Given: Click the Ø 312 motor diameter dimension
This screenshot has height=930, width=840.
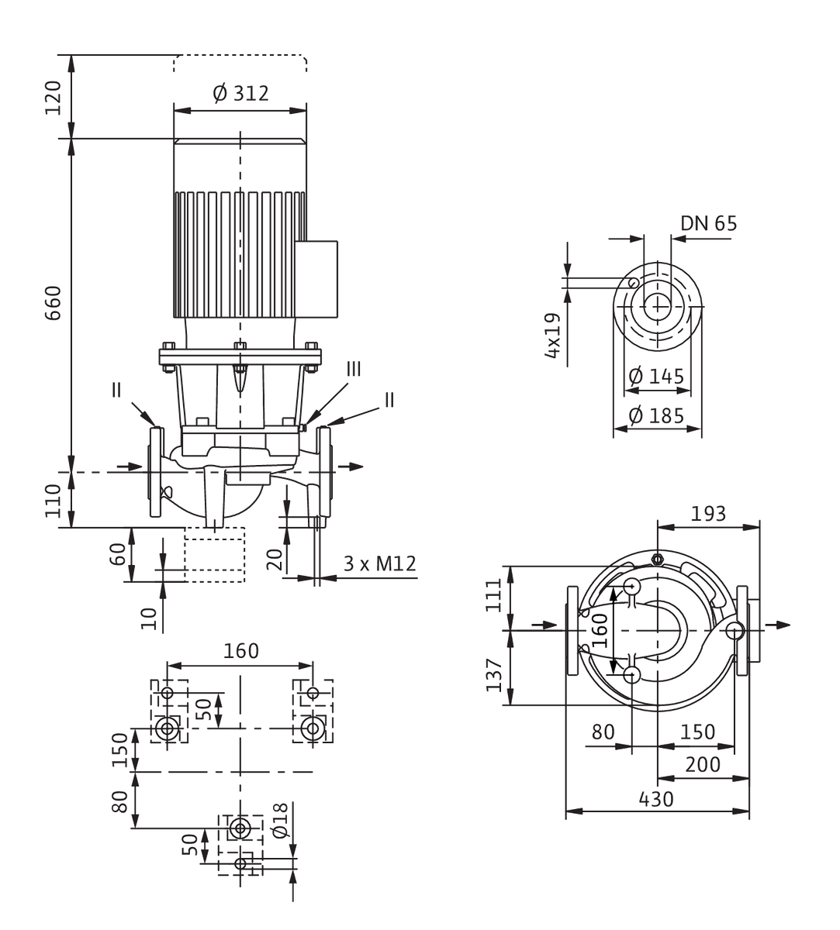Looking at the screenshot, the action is pyautogui.click(x=240, y=94).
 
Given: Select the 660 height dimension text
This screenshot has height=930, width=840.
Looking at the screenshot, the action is pyautogui.click(x=53, y=303).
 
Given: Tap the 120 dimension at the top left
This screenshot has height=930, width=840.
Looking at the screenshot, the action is pyautogui.click(x=53, y=98).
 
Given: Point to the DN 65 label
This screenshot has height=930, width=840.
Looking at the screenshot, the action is pyautogui.click(x=708, y=223).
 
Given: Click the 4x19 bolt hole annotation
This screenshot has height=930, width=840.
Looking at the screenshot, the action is pyautogui.click(x=552, y=336).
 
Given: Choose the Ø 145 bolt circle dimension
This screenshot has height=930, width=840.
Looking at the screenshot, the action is pyautogui.click(x=656, y=376).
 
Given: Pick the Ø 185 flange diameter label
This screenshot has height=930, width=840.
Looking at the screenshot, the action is pyautogui.click(x=656, y=415).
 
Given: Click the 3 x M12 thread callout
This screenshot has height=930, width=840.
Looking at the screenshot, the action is pyautogui.click(x=379, y=563).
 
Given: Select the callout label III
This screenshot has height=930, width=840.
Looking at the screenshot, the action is pyautogui.click(x=354, y=370).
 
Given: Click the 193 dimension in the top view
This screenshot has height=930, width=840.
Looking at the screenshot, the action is pyautogui.click(x=708, y=514).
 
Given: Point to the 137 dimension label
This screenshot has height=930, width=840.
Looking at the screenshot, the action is pyautogui.click(x=494, y=675).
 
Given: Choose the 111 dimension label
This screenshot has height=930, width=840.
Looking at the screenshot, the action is pyautogui.click(x=494, y=596).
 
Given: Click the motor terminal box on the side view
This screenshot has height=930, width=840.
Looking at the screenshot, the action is pyautogui.click(x=316, y=279).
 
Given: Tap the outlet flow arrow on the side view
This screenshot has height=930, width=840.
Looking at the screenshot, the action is pyautogui.click(x=351, y=467).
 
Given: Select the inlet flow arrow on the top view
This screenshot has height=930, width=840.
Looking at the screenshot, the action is pyautogui.click(x=544, y=625).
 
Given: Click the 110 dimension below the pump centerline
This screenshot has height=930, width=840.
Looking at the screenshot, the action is pyautogui.click(x=53, y=501).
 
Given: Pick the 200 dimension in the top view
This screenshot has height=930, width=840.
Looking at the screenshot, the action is pyautogui.click(x=703, y=764).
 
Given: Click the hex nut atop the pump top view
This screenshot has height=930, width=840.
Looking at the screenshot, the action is pyautogui.click(x=657, y=559).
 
